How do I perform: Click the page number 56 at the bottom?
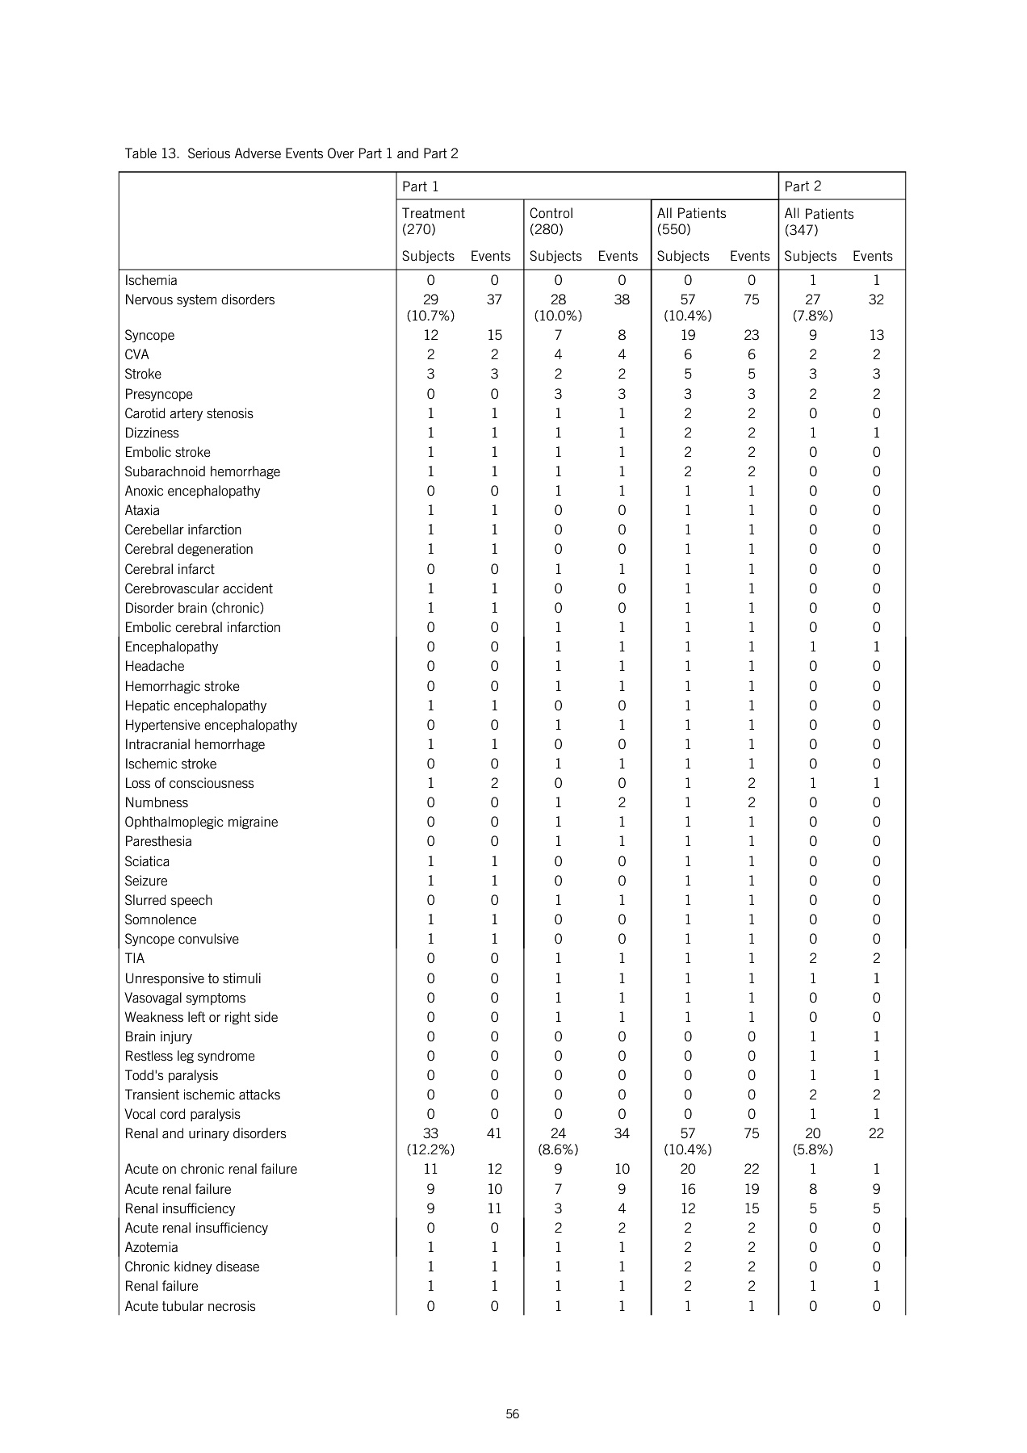pos(513,1414)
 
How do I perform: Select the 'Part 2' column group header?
pos(803,186)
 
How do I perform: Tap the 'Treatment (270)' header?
pos(434,221)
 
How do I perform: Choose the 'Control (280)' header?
pos(551,221)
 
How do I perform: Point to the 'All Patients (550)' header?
pos(692,221)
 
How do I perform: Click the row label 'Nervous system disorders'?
pos(199,299)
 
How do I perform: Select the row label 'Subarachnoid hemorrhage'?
pos(203,471)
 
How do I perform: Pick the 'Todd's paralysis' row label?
pos(171,1075)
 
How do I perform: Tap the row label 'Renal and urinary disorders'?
pos(205,1133)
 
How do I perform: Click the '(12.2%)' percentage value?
pos(430,1149)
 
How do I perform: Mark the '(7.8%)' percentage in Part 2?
pos(812,316)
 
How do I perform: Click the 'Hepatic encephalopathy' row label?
pos(195,706)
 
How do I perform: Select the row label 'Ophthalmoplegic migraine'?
pos(201,822)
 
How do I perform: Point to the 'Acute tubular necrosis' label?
pos(190,1306)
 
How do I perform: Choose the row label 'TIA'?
pos(135,958)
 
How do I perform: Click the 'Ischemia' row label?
pos(151,280)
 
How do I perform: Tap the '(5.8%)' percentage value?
pos(812,1149)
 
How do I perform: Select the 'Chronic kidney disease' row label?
pos(192,1267)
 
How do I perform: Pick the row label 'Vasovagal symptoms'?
pos(185,998)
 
